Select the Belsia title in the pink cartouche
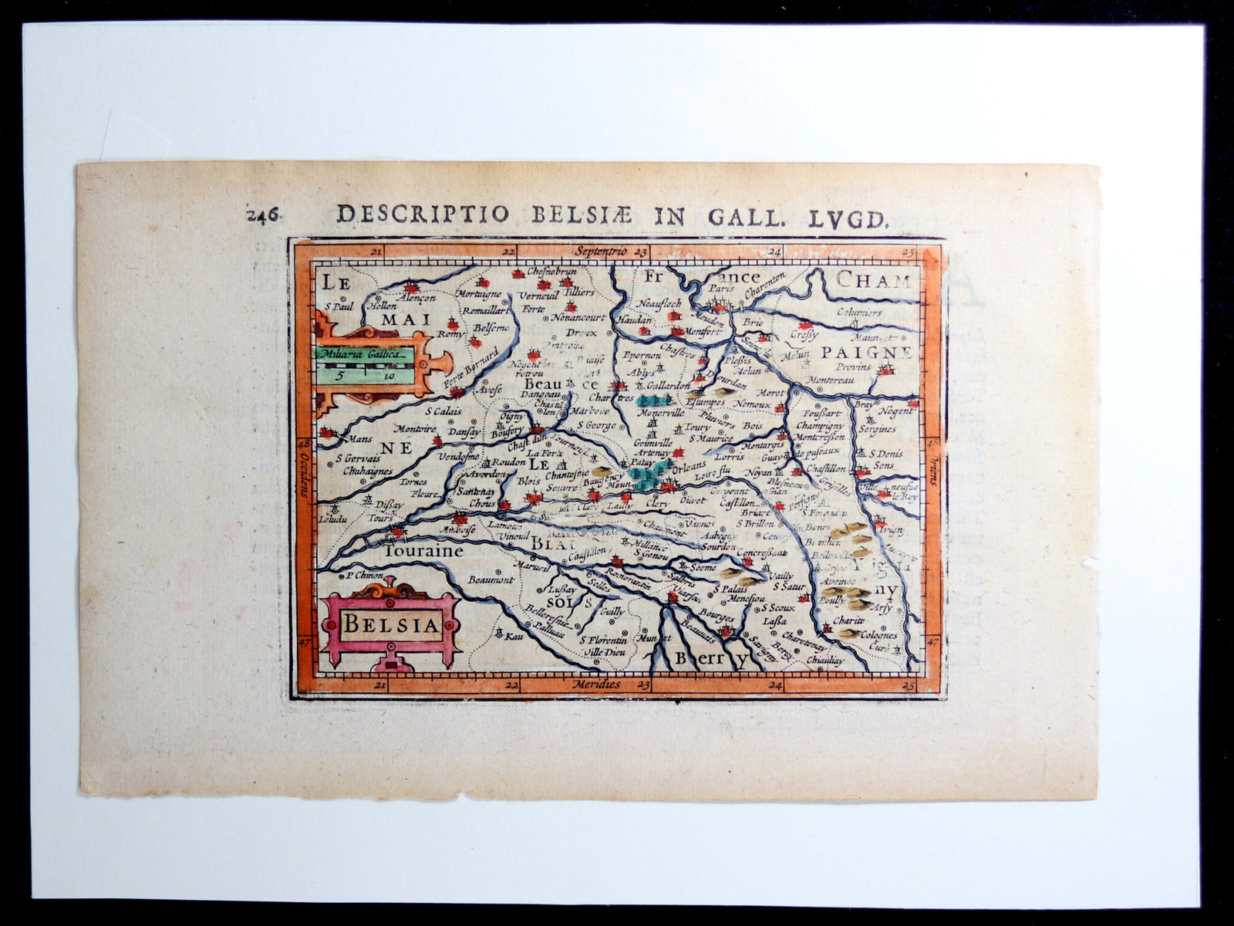click(390, 624)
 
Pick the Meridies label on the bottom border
click(596, 684)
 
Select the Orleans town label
click(689, 466)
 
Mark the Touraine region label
click(424, 551)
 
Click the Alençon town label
click(417, 297)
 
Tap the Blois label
click(529, 480)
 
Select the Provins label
click(853, 367)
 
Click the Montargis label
click(763, 445)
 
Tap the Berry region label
click(711, 658)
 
